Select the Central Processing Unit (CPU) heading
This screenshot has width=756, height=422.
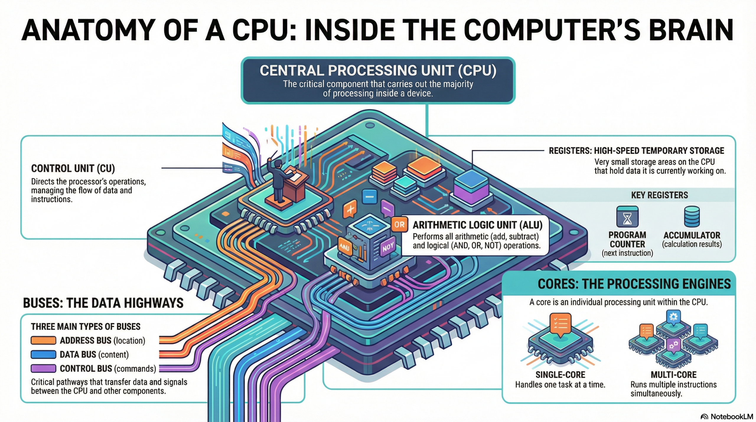click(x=378, y=70)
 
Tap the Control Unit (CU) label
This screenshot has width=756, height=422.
click(x=73, y=168)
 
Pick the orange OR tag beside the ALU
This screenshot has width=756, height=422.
click(x=399, y=225)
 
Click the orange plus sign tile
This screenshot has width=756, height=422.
click(x=350, y=209)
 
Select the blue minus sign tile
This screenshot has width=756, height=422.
click(x=369, y=196)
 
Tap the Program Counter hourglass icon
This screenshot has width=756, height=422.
click(x=627, y=217)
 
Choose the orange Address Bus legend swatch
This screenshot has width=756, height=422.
click(x=43, y=340)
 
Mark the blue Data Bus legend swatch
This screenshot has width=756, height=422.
click(x=43, y=354)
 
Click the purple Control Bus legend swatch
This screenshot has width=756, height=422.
click(x=43, y=369)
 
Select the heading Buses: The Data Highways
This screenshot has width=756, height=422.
click(x=103, y=303)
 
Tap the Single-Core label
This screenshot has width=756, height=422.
click(x=560, y=375)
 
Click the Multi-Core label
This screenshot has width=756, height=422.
click(x=674, y=375)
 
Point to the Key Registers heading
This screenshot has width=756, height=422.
click(x=659, y=195)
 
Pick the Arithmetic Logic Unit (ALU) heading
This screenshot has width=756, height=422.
click(x=477, y=225)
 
